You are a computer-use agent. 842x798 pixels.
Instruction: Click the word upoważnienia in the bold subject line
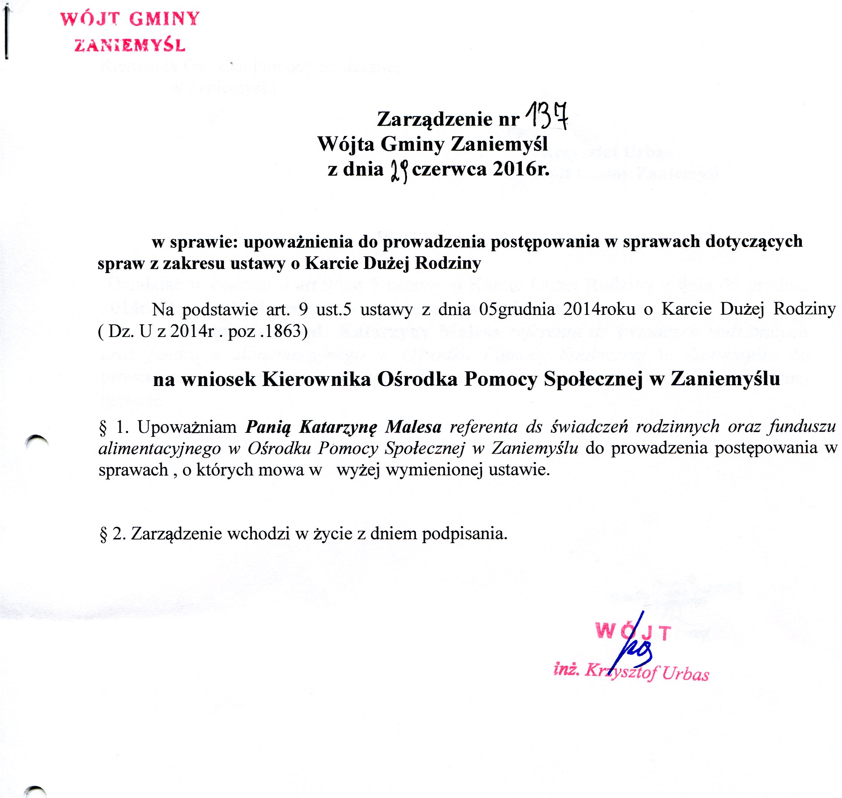pyautogui.click(x=298, y=241)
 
